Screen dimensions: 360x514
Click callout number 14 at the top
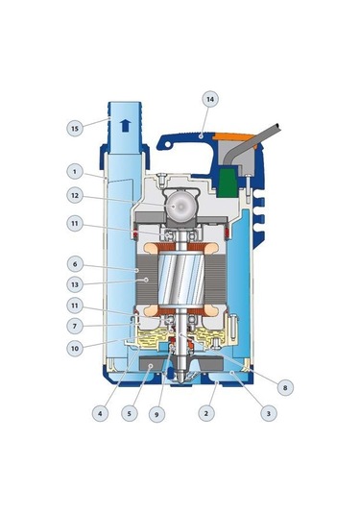(x=210, y=99)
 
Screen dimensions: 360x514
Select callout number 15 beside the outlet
(x=75, y=128)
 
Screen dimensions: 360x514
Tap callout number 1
(x=75, y=171)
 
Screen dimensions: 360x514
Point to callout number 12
(x=75, y=195)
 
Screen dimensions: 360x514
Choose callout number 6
(x=75, y=264)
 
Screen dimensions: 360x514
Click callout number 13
(x=75, y=284)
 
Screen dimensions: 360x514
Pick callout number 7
(x=75, y=326)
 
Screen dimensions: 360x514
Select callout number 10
(x=75, y=348)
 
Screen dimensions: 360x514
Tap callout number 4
(x=100, y=413)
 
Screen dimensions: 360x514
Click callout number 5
(x=129, y=413)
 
